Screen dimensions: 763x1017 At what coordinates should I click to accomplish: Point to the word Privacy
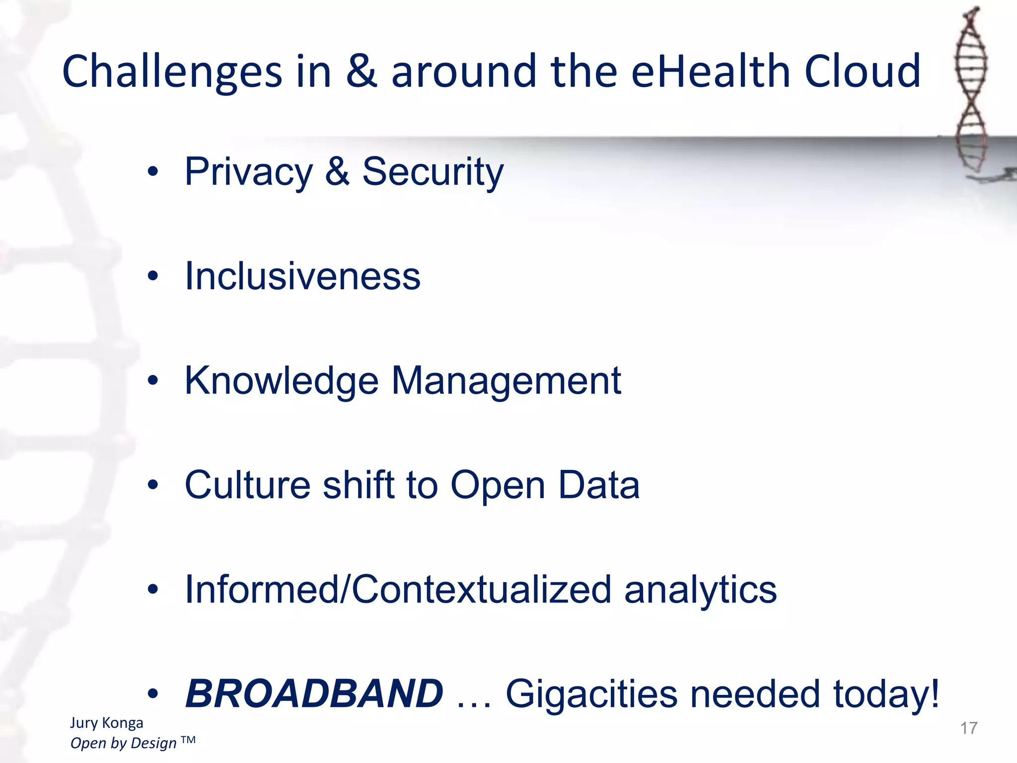(x=248, y=172)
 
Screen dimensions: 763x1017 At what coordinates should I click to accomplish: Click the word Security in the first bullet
(x=433, y=172)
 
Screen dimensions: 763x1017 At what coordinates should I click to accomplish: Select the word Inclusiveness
(x=302, y=276)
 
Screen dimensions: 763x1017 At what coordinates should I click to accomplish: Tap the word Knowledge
(x=281, y=381)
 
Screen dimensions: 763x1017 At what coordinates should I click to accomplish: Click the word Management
(x=506, y=381)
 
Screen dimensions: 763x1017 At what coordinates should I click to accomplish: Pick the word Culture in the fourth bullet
(x=247, y=485)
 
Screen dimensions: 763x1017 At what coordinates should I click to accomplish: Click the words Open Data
(x=545, y=485)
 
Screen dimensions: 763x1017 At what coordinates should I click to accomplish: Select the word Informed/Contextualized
(x=397, y=590)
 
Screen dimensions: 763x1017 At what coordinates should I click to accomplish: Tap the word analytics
(x=700, y=590)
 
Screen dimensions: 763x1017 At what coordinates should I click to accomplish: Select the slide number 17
(x=968, y=728)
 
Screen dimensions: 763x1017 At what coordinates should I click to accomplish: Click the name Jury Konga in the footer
(x=106, y=723)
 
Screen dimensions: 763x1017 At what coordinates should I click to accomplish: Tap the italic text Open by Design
(x=123, y=743)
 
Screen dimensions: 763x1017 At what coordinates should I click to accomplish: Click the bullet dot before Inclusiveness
(x=153, y=276)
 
